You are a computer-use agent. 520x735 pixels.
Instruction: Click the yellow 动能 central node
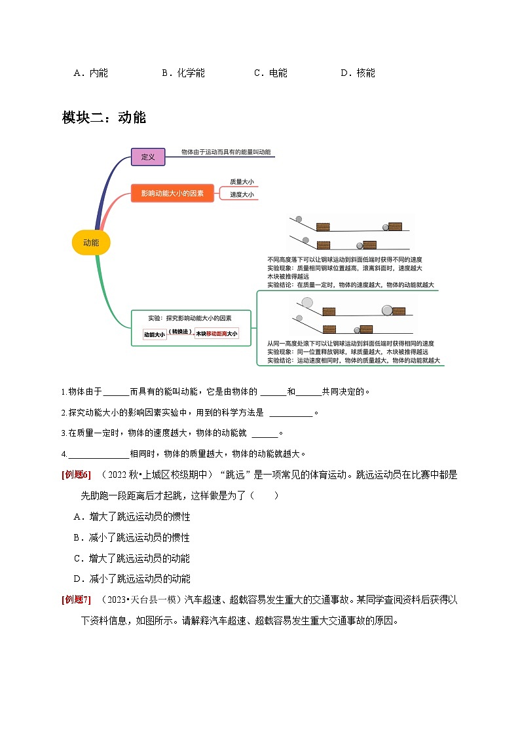(91, 243)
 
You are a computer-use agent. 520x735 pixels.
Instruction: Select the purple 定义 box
(148, 156)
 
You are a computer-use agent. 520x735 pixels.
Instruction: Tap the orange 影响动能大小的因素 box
(172, 193)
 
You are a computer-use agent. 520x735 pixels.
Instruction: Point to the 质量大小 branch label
(242, 182)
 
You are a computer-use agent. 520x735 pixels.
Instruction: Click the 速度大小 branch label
(242, 194)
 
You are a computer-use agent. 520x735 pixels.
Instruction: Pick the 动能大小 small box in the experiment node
(155, 334)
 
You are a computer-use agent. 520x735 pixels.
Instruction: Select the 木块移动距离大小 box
(216, 334)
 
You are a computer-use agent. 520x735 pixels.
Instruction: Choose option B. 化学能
(183, 73)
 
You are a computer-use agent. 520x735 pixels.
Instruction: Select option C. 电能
(270, 73)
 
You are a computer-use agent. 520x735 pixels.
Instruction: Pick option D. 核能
(358, 73)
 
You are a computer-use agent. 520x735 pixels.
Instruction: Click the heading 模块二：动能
(103, 118)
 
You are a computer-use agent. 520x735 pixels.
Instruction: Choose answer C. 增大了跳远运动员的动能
(132, 558)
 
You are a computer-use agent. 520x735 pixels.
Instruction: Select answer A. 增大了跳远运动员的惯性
(132, 516)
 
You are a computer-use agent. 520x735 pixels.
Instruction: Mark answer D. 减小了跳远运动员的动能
(132, 579)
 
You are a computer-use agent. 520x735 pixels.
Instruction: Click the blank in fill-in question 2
(291, 413)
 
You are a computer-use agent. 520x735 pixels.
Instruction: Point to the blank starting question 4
(98, 454)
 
